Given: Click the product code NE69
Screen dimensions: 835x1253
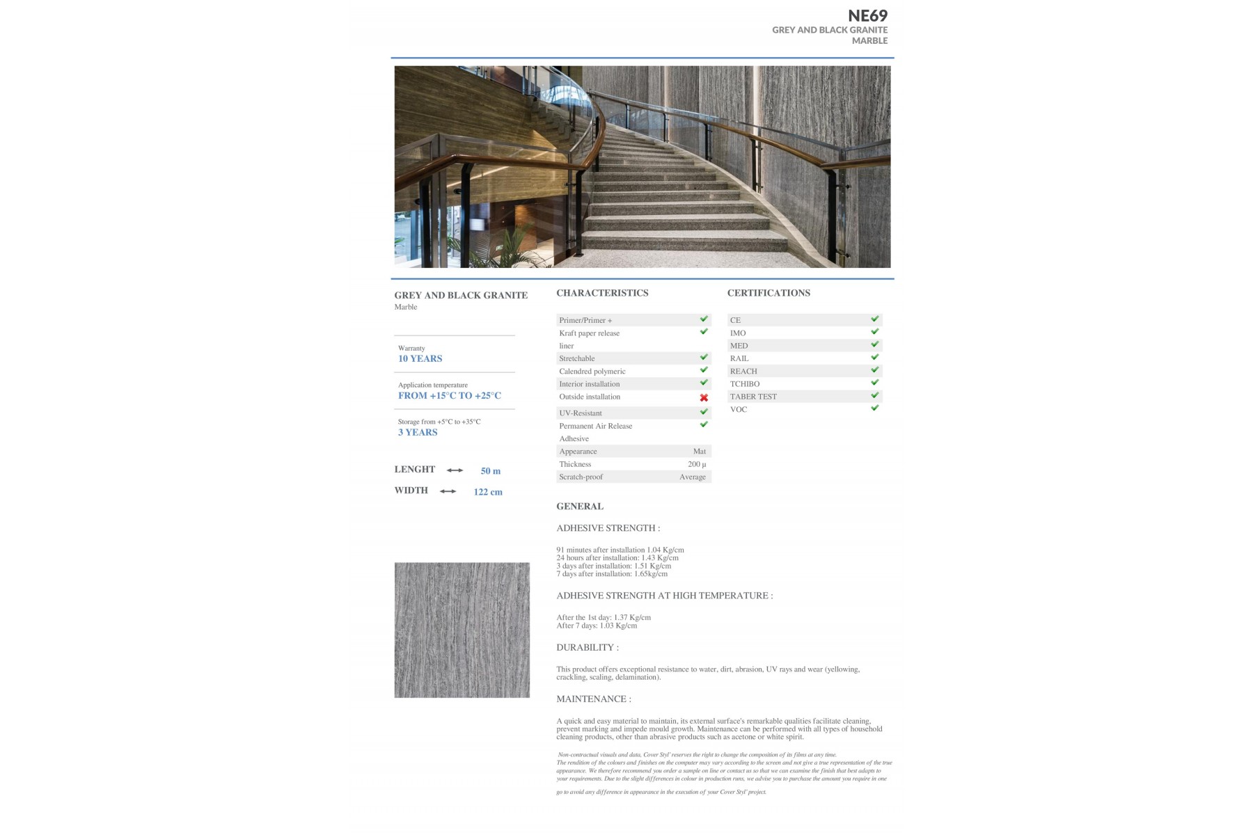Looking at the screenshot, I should [867, 15].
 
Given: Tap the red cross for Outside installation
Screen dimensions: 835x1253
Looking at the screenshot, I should [704, 397].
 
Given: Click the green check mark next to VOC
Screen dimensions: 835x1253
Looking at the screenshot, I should [874, 408].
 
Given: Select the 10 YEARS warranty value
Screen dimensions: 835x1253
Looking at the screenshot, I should [420, 358].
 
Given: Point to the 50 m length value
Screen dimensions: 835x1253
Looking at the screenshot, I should [490, 471].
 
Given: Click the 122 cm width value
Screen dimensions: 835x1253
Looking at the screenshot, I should [487, 492].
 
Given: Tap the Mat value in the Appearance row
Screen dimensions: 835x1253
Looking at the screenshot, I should [699, 452].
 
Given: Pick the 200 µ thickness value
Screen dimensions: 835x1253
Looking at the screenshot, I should [696, 464].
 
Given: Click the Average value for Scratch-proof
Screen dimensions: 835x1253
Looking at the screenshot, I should [692, 477].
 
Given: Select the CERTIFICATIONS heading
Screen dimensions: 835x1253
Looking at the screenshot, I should [769, 293].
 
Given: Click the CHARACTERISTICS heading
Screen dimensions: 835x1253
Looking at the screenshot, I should [602, 293].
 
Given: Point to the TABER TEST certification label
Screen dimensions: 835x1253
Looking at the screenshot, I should [753, 397].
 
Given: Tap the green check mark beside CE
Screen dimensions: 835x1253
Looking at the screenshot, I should [874, 319].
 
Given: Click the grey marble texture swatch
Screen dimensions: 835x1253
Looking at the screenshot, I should [462, 630].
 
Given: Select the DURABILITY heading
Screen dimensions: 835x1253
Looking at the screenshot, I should [587, 647].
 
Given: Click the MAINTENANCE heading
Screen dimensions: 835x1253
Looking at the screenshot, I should [593, 699].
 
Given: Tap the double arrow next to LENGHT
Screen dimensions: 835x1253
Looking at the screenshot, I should [455, 470].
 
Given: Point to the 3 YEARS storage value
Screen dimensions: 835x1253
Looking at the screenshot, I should [418, 432].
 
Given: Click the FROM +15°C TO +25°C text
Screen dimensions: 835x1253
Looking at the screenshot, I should [449, 395].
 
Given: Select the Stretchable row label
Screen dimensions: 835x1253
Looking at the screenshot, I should [576, 358].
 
